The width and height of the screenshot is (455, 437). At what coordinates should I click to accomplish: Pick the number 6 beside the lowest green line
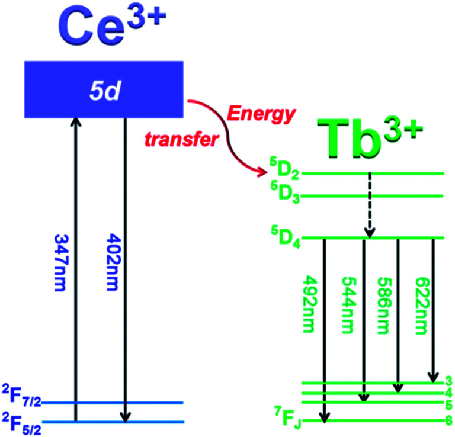tap(449, 420)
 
